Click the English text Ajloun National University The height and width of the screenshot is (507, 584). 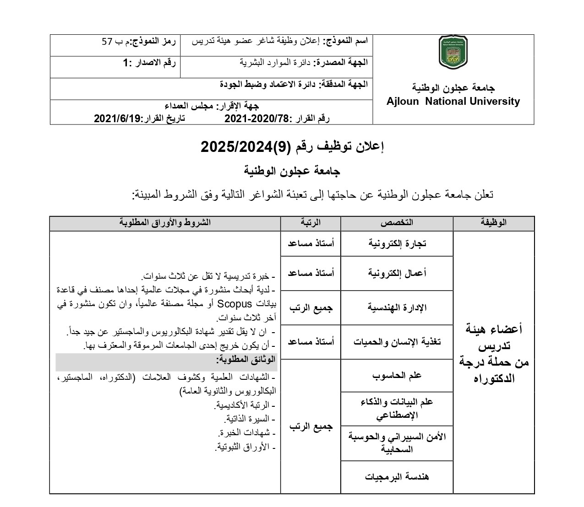click(453, 102)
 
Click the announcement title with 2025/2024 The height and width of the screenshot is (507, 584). click(292, 146)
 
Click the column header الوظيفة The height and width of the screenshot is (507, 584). click(493, 223)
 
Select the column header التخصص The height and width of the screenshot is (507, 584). click(397, 223)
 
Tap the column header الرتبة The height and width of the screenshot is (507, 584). click(311, 223)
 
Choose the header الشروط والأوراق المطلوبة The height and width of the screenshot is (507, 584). click(165, 223)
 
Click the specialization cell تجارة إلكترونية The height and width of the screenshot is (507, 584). click(397, 243)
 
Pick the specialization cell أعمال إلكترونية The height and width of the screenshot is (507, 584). click(397, 273)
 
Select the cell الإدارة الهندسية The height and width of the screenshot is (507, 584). click(397, 307)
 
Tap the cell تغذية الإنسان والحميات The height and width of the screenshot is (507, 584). click(397, 342)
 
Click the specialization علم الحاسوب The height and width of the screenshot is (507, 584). click(397, 376)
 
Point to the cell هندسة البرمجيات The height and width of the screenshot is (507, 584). click(397, 477)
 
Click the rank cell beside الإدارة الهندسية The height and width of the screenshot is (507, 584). click(311, 307)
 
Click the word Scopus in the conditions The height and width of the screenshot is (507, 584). click(235, 303)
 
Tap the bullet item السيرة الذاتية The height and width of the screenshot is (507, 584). click(250, 419)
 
